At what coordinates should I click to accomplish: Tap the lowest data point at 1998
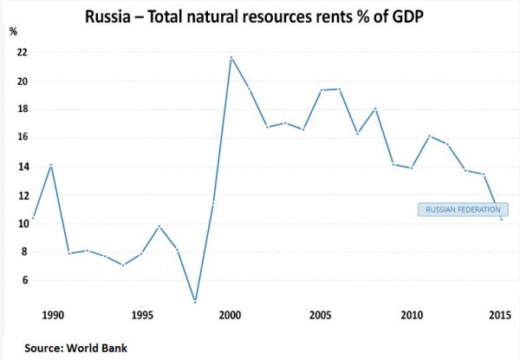tap(195, 302)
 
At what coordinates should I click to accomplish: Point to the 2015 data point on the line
tap(502, 219)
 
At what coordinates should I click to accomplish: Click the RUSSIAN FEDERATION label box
tap(464, 209)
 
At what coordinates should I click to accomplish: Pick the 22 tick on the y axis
tap(22, 52)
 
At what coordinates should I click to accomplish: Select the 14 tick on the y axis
tap(22, 167)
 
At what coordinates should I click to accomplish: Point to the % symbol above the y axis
tap(12, 32)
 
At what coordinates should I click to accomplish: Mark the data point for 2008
tap(374, 108)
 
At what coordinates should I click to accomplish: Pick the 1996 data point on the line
tap(158, 226)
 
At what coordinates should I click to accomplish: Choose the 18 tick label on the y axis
tap(22, 109)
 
